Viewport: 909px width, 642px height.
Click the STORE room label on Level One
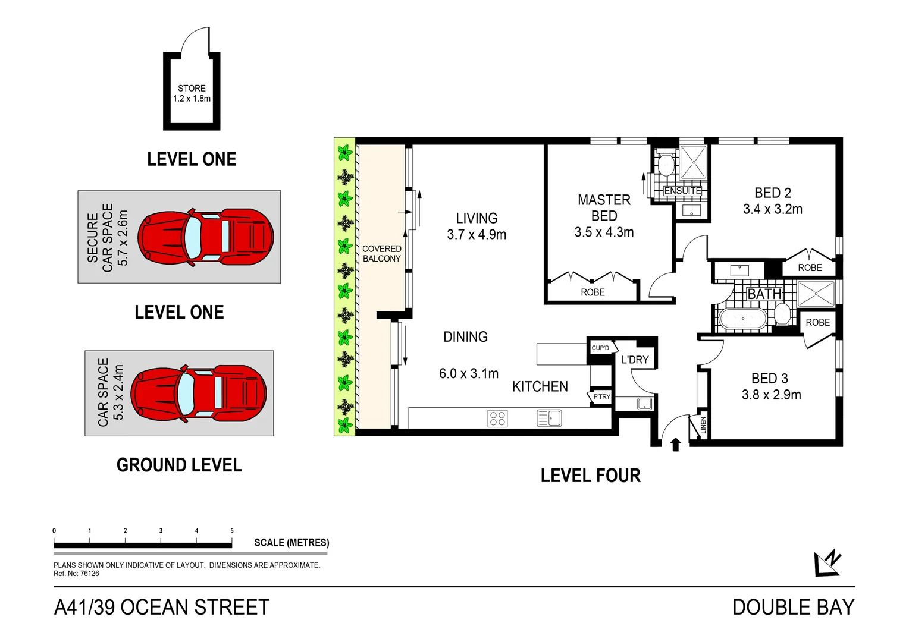pos(192,88)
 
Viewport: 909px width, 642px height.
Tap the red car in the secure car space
pos(205,237)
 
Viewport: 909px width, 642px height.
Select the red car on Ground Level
pos(198,394)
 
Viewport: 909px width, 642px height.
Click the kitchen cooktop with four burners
pos(497,418)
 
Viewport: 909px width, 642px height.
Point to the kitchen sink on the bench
pos(549,418)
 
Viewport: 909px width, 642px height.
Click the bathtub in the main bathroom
pos(742,319)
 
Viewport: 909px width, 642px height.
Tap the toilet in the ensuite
pos(666,164)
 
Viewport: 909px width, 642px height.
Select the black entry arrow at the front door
pos(675,444)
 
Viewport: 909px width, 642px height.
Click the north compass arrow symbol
pos(827,562)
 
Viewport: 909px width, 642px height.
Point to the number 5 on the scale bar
pos(232,531)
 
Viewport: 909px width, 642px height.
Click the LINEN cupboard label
pos(703,425)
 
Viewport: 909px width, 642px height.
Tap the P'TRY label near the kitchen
pos(601,396)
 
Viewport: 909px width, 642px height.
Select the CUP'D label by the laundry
pos(600,348)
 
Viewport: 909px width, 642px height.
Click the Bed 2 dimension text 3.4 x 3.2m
pos(772,209)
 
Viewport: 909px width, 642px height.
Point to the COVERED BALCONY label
pos(381,254)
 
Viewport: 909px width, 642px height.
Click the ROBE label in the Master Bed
pos(593,292)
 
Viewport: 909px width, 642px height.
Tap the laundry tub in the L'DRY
pos(644,404)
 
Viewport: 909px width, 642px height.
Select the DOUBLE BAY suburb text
pos(793,608)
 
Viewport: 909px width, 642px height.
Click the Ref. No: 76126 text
pos(76,574)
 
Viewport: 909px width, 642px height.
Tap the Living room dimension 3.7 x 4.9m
pos(477,235)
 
